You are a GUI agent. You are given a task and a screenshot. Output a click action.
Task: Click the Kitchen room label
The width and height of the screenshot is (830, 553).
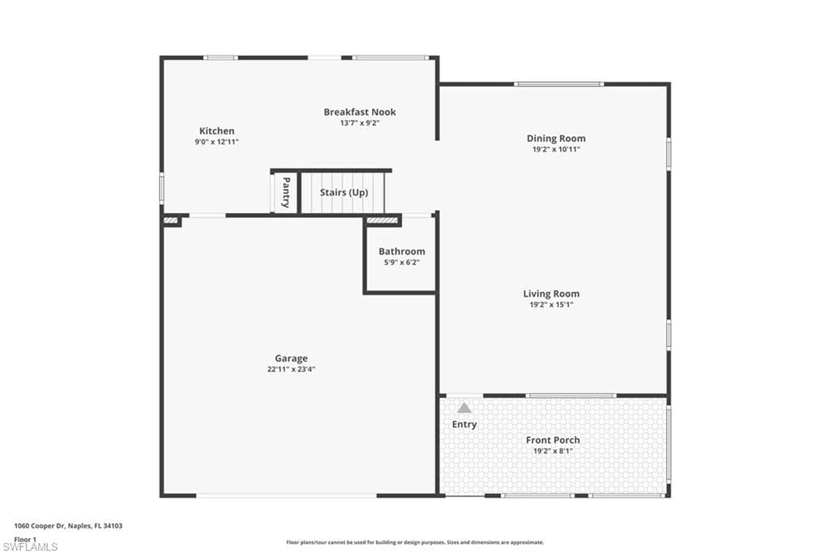point(216,131)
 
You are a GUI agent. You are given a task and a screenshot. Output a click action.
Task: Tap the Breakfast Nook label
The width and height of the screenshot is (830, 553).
point(359,112)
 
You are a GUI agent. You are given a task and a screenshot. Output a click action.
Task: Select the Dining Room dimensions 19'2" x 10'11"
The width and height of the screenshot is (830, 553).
point(555,149)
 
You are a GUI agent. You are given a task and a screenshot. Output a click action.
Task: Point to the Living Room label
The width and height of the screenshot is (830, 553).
point(551,294)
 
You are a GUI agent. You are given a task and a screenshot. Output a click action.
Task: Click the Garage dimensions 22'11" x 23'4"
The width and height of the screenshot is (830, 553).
point(290,369)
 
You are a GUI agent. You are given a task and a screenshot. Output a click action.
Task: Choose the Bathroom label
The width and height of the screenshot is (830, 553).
point(401,251)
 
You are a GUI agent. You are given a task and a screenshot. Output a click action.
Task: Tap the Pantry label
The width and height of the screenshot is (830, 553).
point(285,193)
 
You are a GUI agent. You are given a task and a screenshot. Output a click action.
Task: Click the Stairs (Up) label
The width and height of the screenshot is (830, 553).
point(344,193)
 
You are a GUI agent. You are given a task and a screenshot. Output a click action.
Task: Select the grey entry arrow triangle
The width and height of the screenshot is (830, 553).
point(464,408)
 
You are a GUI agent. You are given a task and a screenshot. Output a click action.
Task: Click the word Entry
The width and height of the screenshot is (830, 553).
point(464,424)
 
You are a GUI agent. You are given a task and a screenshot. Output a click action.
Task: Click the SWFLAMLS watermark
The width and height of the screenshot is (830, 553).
point(30,547)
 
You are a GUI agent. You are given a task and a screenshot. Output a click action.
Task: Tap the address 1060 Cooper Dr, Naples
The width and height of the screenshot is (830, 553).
point(68,525)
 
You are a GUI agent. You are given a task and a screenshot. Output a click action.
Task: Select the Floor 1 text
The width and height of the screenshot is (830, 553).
point(25,538)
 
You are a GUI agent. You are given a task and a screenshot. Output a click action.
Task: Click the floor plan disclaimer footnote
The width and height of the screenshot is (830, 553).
point(414,542)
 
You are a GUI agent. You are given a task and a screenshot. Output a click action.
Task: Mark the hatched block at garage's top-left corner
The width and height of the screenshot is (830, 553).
point(171,220)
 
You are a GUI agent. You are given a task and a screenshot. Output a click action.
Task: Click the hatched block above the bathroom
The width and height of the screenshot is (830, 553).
point(382,220)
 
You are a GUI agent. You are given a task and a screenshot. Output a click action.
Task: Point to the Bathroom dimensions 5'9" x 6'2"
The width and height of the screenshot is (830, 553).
point(401,262)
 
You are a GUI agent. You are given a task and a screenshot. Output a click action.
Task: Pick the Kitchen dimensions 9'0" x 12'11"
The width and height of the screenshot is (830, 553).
point(216,141)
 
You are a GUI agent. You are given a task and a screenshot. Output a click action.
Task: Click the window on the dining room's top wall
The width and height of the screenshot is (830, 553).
point(558,84)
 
